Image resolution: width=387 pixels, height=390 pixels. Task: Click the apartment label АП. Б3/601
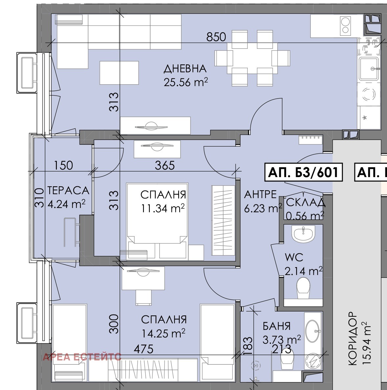tap(304, 172)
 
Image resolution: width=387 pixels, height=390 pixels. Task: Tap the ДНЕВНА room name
tap(185, 69)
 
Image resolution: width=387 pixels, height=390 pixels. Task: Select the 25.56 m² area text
tap(186, 82)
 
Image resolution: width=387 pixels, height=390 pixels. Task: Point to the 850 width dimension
tap(216, 37)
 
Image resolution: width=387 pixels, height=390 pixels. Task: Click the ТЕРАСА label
tap(68, 191)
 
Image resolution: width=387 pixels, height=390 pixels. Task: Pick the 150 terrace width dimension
tap(63, 165)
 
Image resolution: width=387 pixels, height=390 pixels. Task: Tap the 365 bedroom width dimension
tap(165, 165)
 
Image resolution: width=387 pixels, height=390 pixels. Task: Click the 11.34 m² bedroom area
tap(163, 208)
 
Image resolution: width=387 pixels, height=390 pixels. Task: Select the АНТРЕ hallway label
tap(261, 194)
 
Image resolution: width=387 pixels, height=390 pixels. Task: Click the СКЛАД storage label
tap(306, 202)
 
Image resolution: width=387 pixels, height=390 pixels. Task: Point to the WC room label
tap(294, 257)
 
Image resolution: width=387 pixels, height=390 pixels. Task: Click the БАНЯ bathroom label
tap(277, 326)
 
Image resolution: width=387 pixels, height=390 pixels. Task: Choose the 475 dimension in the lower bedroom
tap(144, 349)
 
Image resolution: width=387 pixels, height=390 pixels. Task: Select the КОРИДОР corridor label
tap(353, 339)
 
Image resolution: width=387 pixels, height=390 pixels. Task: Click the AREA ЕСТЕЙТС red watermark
tap(82, 357)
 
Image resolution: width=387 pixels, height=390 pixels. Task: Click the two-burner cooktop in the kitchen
tap(345, 25)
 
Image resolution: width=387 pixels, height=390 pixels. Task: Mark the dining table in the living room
tap(252, 58)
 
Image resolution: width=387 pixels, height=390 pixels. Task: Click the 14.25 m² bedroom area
tap(163, 333)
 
